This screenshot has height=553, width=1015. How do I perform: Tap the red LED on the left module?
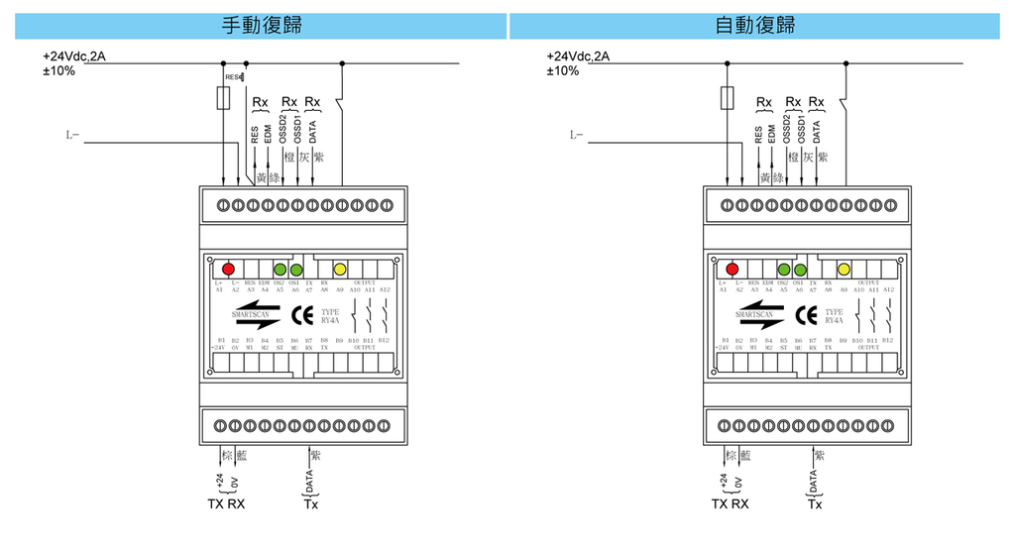(228, 269)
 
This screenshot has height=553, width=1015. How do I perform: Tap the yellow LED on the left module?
(339, 269)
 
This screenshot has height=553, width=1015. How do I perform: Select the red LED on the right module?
(733, 269)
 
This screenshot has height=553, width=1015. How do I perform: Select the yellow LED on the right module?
(844, 269)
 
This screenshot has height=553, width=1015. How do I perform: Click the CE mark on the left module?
(300, 317)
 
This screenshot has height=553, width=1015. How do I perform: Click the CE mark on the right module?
(805, 317)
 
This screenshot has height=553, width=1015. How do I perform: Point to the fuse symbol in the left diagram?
(225, 98)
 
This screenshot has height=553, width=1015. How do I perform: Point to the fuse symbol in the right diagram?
(728, 98)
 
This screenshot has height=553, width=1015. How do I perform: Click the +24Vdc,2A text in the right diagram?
(578, 55)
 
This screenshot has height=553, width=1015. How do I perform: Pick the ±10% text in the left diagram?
(58, 71)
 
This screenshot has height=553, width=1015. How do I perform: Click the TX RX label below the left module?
(226, 504)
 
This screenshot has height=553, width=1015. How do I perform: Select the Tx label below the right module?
(815, 504)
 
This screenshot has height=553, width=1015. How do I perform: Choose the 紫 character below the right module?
(820, 456)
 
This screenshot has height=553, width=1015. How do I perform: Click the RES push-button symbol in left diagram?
(242, 76)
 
